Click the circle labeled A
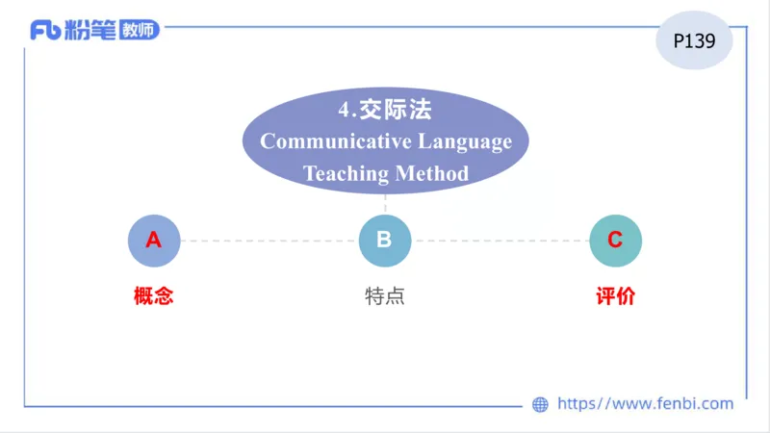point(154,241)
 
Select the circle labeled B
point(385,241)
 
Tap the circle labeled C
point(615,241)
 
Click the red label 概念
point(154,296)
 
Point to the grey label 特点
point(385,296)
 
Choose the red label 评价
point(615,296)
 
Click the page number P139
point(693,41)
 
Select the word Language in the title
point(464,141)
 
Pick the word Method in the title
point(432,174)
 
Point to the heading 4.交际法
point(385,109)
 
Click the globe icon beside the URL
point(540,405)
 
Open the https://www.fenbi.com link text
point(645,404)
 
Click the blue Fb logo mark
point(45,30)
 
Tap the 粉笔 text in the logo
point(91,30)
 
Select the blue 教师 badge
point(140,30)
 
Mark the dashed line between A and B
point(269,241)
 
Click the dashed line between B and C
point(500,241)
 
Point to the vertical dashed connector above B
point(385,204)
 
